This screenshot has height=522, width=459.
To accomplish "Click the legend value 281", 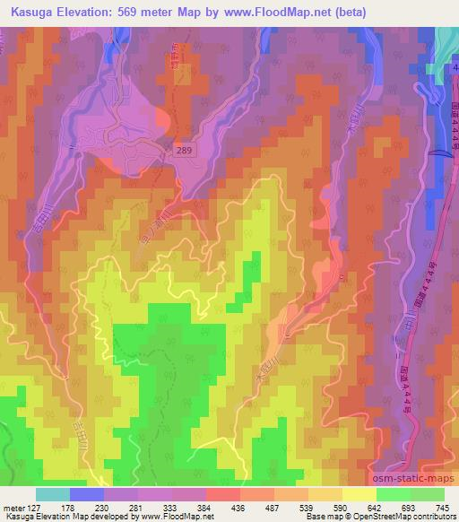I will [x=136, y=508].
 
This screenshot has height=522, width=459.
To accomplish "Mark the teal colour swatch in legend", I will [x=53, y=495].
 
